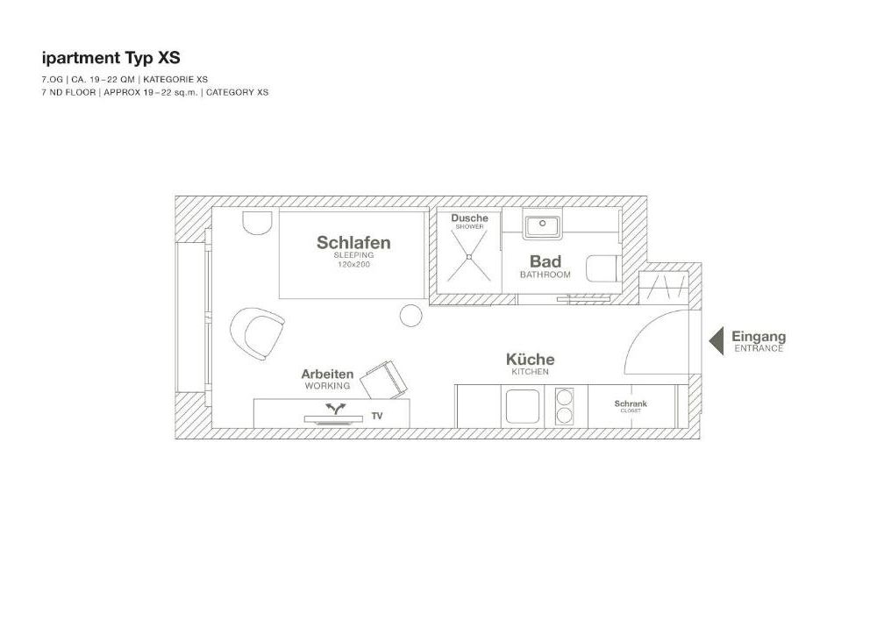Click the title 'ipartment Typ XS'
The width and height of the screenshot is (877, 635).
click(x=111, y=58)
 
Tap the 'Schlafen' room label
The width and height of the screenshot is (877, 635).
click(x=353, y=242)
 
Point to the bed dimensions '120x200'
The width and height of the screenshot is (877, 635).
click(x=353, y=265)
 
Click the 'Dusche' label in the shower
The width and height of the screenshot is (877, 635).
click(x=470, y=218)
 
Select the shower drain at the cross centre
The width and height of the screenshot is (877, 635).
click(x=469, y=257)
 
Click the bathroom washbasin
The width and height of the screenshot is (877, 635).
click(x=542, y=225)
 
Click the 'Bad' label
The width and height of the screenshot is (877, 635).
click(x=545, y=261)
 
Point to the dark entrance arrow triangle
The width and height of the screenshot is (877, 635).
click(x=717, y=340)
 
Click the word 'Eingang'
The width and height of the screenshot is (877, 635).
click(x=759, y=337)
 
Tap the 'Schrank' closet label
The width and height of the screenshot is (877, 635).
click(x=631, y=403)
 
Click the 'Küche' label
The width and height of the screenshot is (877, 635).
click(x=531, y=360)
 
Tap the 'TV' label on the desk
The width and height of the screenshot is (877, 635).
click(x=377, y=416)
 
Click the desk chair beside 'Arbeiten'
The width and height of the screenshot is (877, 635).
click(x=384, y=381)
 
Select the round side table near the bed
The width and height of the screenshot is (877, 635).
click(x=411, y=316)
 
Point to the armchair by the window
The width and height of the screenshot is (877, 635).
click(x=257, y=334)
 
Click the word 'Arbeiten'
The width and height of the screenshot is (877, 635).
click(x=327, y=374)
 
